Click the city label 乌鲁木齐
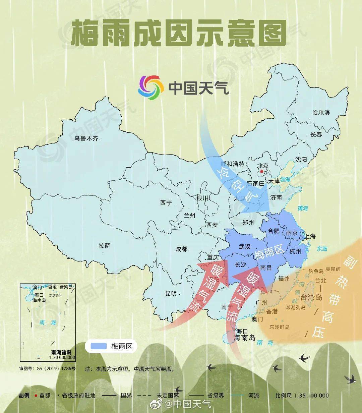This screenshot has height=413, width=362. (x=86, y=138)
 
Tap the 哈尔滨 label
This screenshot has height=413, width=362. (x=321, y=113)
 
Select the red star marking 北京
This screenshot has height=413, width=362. (x=261, y=171)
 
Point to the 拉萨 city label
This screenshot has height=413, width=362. (x=104, y=246)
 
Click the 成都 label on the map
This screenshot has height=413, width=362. (x=182, y=249)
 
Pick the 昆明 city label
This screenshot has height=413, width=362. (x=171, y=294)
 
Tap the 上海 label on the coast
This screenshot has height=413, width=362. (x=310, y=236)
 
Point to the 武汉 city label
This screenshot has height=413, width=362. (x=244, y=247)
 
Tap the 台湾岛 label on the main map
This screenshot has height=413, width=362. (x=311, y=297)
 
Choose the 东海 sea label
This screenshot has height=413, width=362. (x=322, y=249)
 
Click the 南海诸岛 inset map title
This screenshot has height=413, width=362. (x=61, y=352)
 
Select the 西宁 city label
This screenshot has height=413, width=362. (x=166, y=203)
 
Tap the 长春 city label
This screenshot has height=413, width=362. (x=316, y=135)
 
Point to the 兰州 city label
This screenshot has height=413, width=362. (x=189, y=216)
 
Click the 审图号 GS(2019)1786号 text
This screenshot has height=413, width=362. (x=47, y=368)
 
